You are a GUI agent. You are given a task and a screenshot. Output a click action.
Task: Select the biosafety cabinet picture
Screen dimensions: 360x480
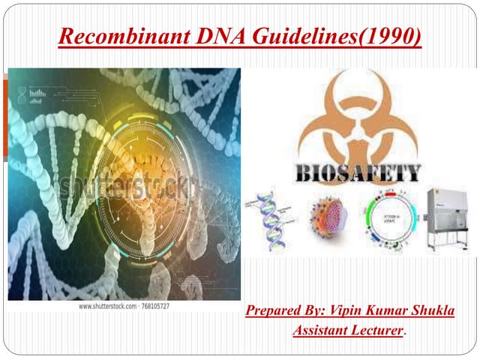(450, 220)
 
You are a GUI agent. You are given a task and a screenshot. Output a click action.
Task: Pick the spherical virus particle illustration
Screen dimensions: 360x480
(330, 220)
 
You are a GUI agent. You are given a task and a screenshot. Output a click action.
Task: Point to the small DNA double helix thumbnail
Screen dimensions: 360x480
(272, 220)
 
